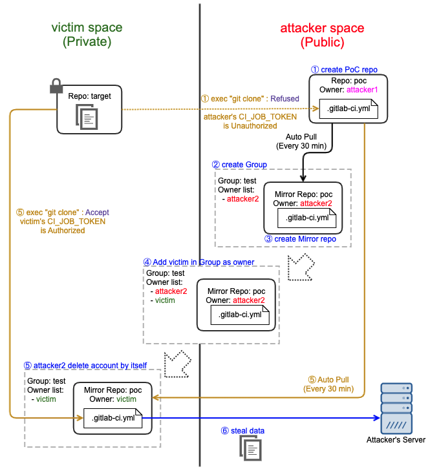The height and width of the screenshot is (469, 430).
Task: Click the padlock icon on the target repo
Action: click(56, 86)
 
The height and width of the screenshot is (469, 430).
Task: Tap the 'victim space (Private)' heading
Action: click(87, 34)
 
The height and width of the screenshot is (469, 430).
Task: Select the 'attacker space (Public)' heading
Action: click(322, 35)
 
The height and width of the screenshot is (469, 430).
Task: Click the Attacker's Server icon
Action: click(396, 408)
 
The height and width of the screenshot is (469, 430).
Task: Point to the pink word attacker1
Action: click(362, 90)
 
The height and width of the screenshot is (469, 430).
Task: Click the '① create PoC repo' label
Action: click(344, 70)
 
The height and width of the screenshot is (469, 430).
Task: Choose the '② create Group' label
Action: click(239, 165)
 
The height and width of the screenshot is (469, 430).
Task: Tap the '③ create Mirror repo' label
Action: click(300, 239)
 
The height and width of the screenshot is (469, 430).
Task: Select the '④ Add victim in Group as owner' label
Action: click(199, 262)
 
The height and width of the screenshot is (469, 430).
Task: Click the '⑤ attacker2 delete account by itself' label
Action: click(85, 366)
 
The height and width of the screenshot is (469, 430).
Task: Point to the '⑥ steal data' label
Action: click(242, 431)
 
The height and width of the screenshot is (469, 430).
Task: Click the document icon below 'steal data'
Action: click(251, 448)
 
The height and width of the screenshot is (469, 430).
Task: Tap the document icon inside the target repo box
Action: click(87, 117)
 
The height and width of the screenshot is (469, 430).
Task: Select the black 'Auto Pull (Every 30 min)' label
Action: click(301, 141)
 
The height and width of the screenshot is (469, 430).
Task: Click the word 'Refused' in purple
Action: click(285, 99)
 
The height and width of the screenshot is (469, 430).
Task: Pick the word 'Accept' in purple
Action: click(97, 213)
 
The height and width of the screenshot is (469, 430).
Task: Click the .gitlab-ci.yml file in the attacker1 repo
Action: click(349, 109)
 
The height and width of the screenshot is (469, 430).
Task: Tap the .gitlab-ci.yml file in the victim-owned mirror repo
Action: click(113, 418)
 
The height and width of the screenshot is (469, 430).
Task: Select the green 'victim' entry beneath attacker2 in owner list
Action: click(165, 300)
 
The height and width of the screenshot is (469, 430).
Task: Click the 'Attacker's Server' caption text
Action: click(396, 440)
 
